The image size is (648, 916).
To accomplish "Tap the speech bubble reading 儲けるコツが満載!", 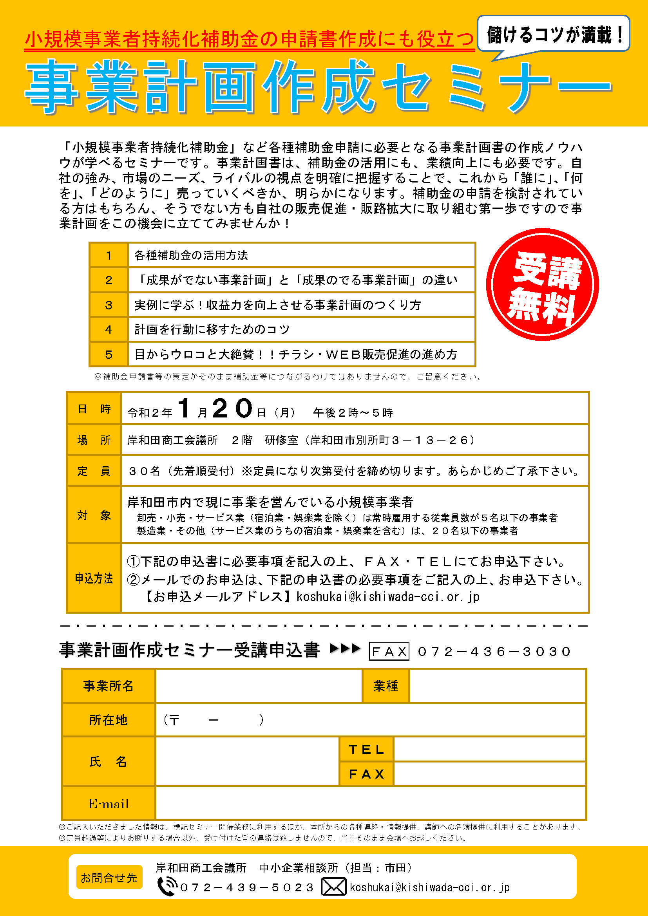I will point(553,34).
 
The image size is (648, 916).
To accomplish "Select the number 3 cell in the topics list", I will point(109,305).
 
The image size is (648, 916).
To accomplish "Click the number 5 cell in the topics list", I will point(109,354).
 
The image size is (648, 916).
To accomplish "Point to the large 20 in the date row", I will point(233,408).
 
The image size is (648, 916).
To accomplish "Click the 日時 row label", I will point(94,408).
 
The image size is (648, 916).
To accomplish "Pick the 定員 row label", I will point(94,471).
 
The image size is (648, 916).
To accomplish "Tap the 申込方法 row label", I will point(94,578).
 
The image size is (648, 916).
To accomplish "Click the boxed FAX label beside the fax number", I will point(389,652).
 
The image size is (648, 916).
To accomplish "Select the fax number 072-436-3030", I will point(494,652).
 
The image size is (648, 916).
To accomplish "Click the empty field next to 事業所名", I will point(259,686).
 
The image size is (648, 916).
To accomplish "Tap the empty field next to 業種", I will point(497,686).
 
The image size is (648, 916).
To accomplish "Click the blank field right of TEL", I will point(489,749).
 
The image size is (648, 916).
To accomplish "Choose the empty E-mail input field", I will point(370,803).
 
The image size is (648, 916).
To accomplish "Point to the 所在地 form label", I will point(108,720).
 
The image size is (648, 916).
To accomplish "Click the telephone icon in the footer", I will point(167,887).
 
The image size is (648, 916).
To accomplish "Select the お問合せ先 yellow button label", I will point(109,878).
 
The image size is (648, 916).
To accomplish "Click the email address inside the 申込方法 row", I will point(387,597).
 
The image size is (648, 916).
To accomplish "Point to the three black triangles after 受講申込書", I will point(345,649).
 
